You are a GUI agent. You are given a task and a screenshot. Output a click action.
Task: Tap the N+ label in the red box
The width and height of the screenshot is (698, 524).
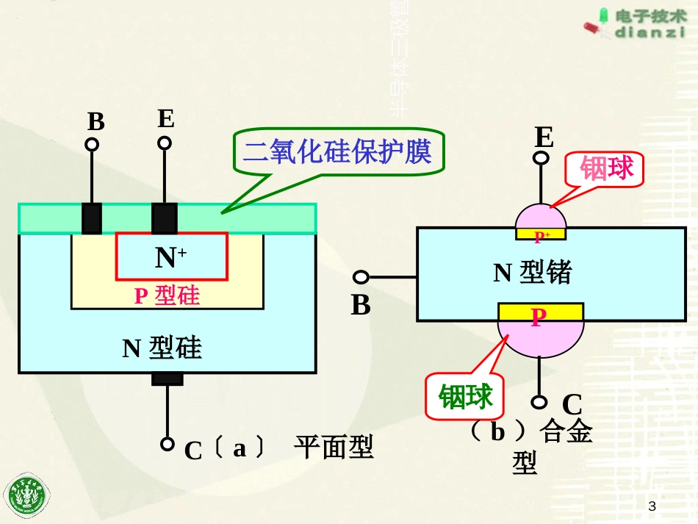tap(170, 256)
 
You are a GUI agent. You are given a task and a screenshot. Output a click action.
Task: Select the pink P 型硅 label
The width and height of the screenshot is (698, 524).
tap(167, 295)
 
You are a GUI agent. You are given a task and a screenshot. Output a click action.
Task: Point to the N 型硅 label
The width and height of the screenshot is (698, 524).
tap(162, 347)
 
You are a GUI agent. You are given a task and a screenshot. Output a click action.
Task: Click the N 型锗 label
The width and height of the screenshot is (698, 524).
tap(532, 273)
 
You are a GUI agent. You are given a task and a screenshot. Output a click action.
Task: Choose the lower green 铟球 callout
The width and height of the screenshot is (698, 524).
tap(466, 397)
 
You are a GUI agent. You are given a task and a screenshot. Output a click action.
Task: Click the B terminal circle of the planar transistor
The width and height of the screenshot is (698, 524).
tap(93, 145)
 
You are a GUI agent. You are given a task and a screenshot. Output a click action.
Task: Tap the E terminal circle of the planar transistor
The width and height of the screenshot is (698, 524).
tap(165, 142)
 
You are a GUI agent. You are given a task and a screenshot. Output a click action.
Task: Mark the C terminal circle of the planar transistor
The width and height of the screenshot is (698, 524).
tap(168, 444)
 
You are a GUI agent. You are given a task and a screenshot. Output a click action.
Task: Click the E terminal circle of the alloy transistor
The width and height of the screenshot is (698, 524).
tap(542, 158)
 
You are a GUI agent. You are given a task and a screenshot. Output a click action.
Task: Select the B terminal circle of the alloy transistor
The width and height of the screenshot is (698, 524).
tap(361, 277)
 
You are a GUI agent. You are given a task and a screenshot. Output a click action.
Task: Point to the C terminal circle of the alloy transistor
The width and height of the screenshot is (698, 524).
tap(540, 402)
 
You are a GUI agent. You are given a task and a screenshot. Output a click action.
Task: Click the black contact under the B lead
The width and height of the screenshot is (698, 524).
tap(92, 218)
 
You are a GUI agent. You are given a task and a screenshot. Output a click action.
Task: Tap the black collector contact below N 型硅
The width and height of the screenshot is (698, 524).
tap(167, 379)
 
